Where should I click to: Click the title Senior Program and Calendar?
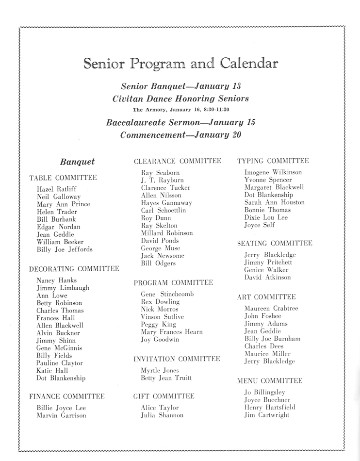pyautogui.click(x=180, y=64)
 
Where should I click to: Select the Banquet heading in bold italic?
pyautogui.click(x=77, y=162)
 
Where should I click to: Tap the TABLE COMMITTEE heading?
pyautogui.click(x=63, y=178)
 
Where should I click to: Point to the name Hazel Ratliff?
pyautogui.click(x=56, y=189)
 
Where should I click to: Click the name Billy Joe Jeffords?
pyautogui.click(x=65, y=249)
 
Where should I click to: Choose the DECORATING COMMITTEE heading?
pyautogui.click(x=74, y=268)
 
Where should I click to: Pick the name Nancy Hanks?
pyautogui.click(x=56, y=280)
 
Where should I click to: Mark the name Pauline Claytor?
pyautogui.click(x=59, y=363)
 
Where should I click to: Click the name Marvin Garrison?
pyautogui.click(x=61, y=415)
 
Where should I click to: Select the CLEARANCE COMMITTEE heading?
pyautogui.click(x=177, y=161)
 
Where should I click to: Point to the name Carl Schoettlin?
pyautogui.click(x=163, y=210)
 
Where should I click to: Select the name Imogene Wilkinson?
pyautogui.click(x=273, y=172)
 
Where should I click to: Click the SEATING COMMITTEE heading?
pyautogui.click(x=275, y=243)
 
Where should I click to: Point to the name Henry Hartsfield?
pyautogui.click(x=270, y=407)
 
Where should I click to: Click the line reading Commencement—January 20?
pyautogui.click(x=180, y=134)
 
